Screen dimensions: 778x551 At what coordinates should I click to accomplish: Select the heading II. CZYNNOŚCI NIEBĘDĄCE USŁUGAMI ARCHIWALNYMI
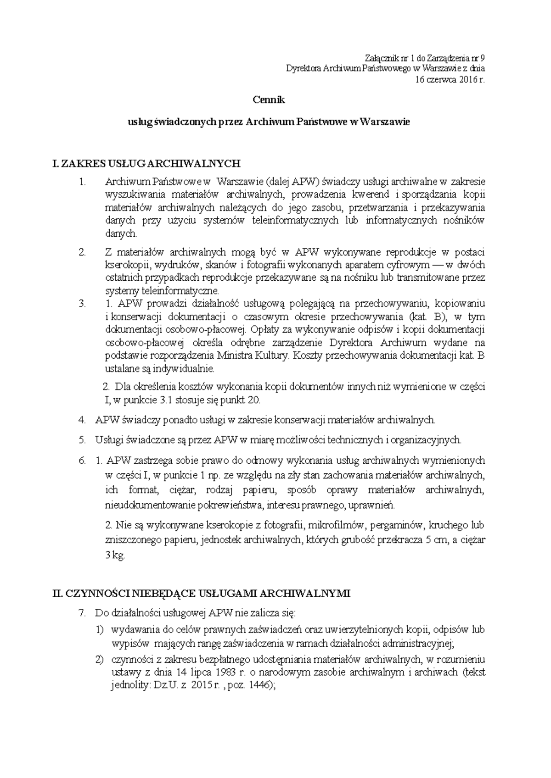click(x=202, y=594)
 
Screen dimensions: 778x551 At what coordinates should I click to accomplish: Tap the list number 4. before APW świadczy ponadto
click(x=82, y=420)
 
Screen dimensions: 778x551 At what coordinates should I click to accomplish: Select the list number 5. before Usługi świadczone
click(x=82, y=440)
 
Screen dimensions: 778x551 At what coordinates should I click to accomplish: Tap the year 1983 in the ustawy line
click(x=226, y=673)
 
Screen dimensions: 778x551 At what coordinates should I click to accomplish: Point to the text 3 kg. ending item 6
click(x=115, y=556)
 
